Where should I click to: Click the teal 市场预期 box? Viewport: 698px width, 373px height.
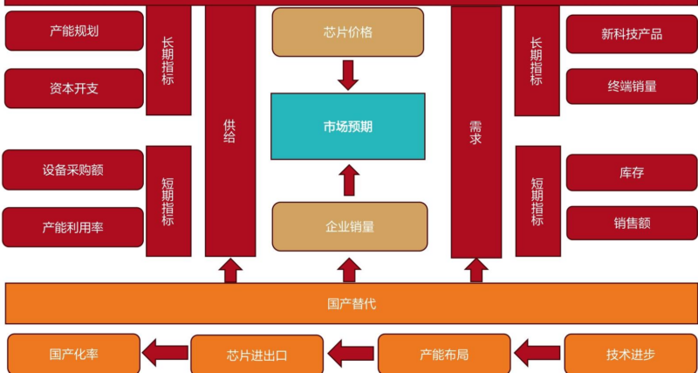coord(347,127)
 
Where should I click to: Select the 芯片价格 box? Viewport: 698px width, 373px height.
coord(347,33)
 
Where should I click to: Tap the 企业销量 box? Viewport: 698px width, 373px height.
coord(349,227)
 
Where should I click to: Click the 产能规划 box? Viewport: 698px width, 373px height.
coord(74,31)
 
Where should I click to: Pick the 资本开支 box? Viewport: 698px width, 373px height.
coord(74,88)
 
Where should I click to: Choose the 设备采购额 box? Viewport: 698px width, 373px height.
coord(73,169)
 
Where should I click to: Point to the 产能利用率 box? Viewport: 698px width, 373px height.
coord(73,227)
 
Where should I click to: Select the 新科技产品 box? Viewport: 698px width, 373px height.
coord(632,34)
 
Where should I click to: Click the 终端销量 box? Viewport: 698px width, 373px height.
coord(632,86)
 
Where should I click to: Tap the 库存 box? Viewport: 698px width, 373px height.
coord(632,172)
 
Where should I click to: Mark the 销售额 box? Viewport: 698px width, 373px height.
coord(632,223)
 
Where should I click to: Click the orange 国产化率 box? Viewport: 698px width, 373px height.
coord(73,355)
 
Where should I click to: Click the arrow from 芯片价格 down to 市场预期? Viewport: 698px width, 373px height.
coord(348,75)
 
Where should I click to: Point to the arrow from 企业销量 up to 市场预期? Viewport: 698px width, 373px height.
coord(348,180)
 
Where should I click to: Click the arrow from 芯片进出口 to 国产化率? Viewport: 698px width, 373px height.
coord(165,354)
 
